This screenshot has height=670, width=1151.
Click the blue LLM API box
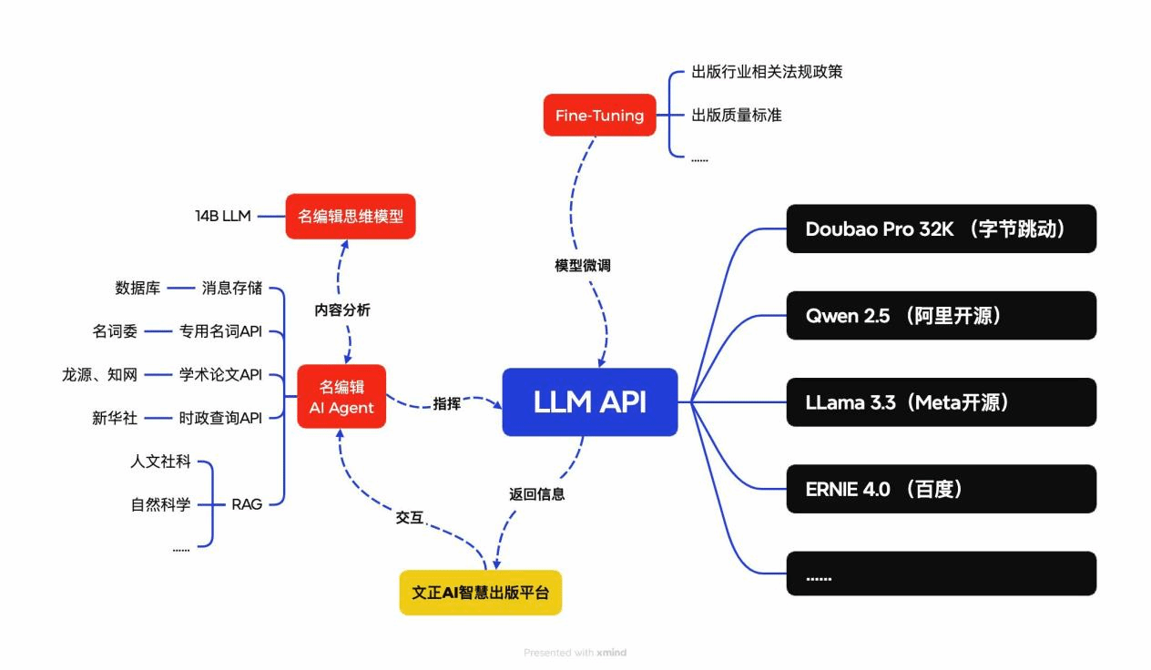coord(590,401)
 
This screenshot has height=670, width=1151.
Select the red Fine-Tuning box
coord(599,116)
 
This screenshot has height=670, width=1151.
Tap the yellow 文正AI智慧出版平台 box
coord(481,593)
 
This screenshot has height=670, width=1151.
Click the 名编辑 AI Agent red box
coord(341,397)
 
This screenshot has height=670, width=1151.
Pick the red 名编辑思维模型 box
coord(351,217)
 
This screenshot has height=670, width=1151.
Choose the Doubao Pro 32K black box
coord(941,228)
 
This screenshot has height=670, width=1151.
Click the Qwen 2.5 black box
coord(941,316)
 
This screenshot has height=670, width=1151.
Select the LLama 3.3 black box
coord(941,402)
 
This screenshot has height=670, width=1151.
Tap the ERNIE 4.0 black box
coord(941,489)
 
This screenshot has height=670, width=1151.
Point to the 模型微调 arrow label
coord(583,266)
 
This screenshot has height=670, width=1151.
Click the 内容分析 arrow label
coord(342,310)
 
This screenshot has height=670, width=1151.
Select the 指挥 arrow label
coord(446,403)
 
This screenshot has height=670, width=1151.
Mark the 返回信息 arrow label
coord(537,494)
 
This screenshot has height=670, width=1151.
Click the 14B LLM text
coord(223,217)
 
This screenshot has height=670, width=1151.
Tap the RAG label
coord(247,503)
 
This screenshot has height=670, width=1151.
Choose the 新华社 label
coord(115,418)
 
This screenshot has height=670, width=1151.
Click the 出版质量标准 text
coord(737,116)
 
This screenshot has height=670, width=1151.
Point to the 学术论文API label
coord(220,374)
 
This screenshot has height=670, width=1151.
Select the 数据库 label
coord(138,289)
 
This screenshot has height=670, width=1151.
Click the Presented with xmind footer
coord(575,653)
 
